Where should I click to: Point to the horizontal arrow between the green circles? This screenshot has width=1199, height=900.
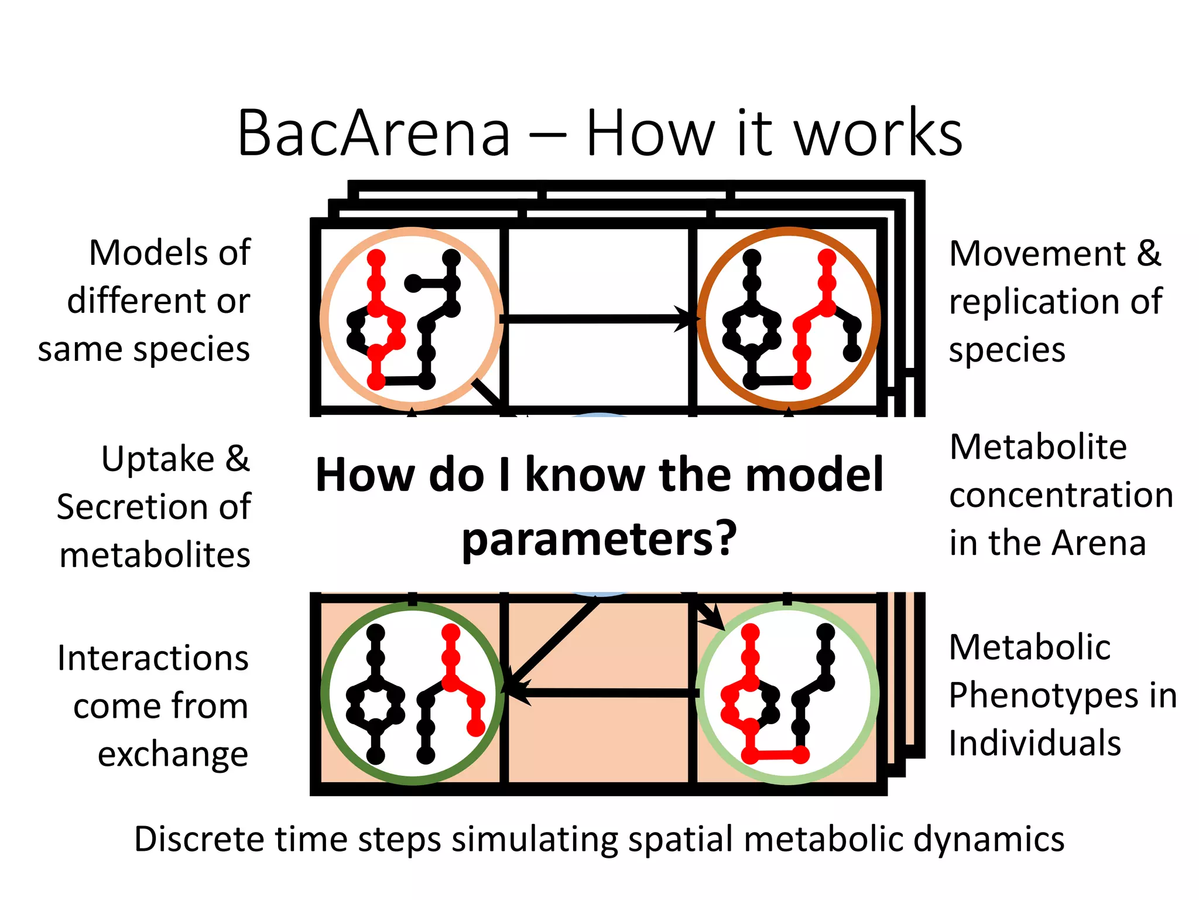pos(603,693)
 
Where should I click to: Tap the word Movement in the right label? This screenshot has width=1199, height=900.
pos(1037,254)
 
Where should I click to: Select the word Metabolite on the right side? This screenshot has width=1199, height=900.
pos(1038,447)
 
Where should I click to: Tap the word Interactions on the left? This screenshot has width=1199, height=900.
pos(153,659)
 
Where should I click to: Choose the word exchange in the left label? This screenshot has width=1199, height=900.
pos(173,754)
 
